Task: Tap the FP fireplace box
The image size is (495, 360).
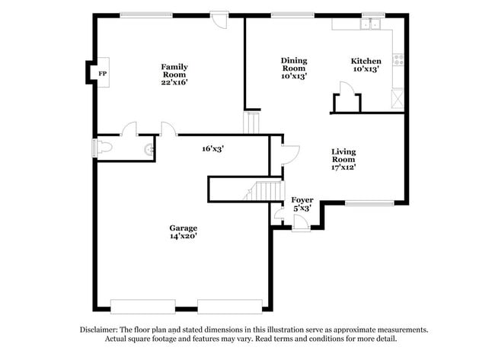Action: (x=102, y=73)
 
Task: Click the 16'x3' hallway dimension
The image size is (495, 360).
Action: (x=212, y=149)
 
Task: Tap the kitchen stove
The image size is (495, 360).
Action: (x=396, y=61)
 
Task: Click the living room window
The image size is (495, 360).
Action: (x=369, y=202)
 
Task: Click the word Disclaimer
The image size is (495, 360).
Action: (x=101, y=330)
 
